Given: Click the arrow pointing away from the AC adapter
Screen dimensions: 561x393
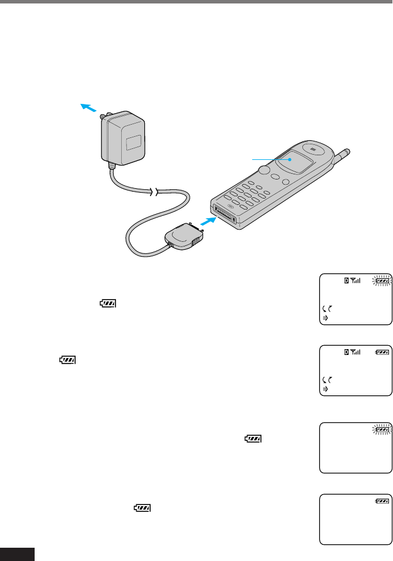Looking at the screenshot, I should pos(87,108).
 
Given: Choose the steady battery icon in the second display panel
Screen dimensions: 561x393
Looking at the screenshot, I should pos(381,351).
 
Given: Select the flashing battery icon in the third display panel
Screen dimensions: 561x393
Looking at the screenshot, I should pos(381,429).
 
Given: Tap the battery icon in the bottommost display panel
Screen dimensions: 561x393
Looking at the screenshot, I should pos(381,502).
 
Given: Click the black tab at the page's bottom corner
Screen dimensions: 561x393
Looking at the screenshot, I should pos(17,555).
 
